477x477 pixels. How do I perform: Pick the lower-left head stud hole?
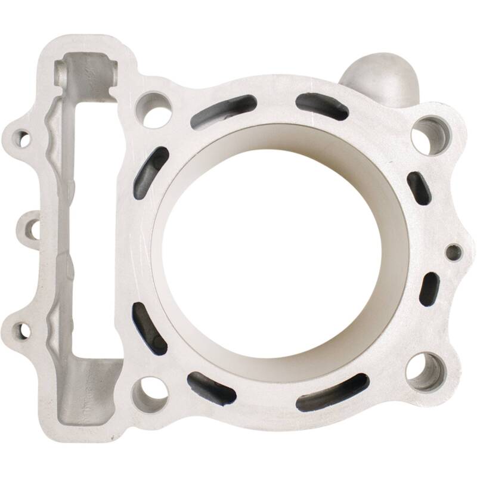[x=148, y=391]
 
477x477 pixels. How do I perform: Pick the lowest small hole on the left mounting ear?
[x=24, y=329]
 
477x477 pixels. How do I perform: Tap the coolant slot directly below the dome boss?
[x=322, y=106]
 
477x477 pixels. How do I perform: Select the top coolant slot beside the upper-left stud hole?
[x=224, y=111]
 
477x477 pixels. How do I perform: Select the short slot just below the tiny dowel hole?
[x=429, y=289]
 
